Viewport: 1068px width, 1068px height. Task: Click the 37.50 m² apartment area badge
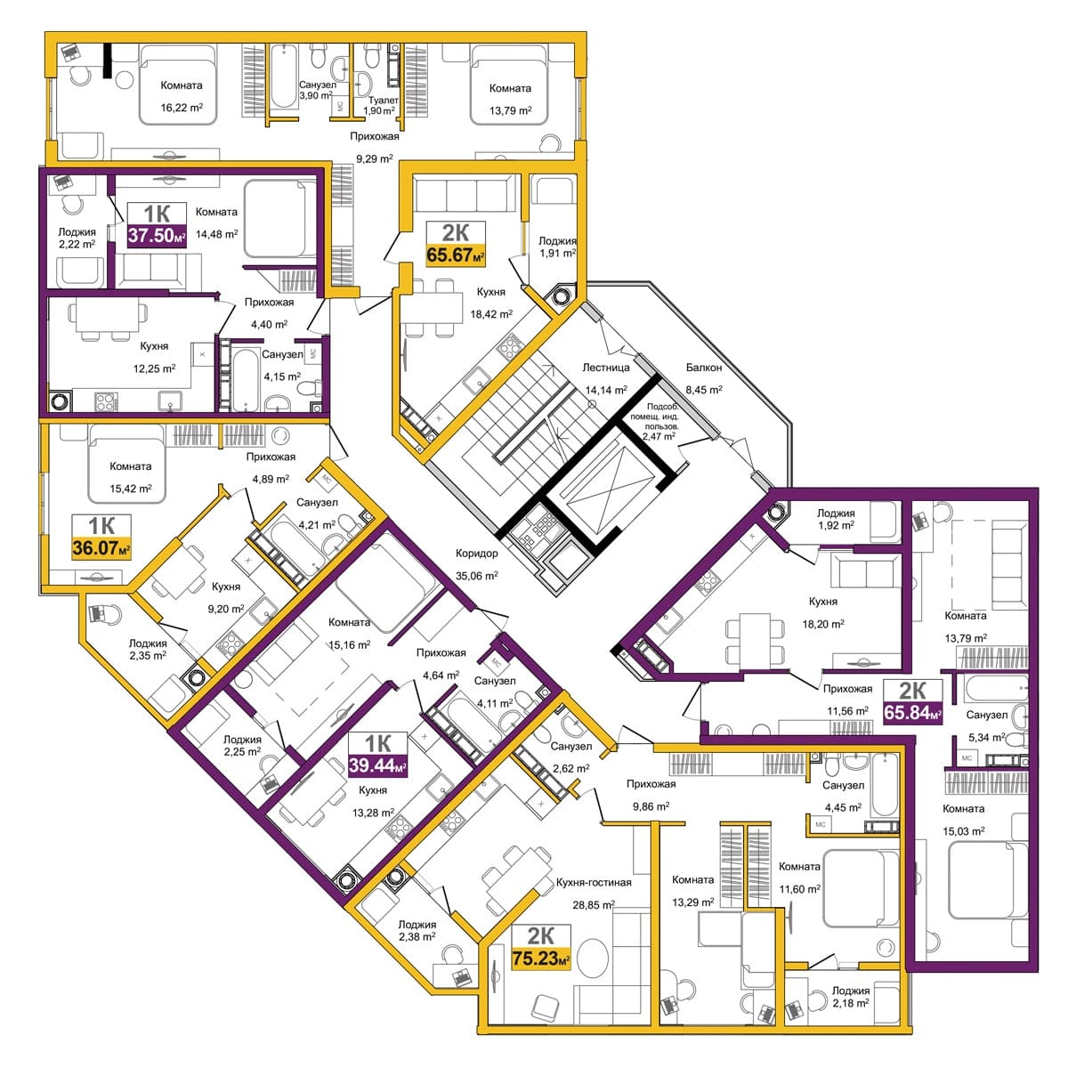(157, 225)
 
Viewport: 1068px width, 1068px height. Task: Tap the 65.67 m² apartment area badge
(456, 245)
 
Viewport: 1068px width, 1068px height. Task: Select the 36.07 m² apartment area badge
(101, 537)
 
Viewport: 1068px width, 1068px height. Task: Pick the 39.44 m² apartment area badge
(378, 755)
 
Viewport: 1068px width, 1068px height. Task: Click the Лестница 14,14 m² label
(606, 378)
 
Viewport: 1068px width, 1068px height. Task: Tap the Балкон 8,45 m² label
(704, 378)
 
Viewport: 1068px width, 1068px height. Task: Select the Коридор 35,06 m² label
(477, 564)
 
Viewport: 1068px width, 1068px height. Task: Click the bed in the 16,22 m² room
(177, 85)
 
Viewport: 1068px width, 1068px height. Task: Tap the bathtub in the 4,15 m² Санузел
(244, 379)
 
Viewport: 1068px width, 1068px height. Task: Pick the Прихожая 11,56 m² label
(847, 700)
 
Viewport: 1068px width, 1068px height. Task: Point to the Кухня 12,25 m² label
(154, 357)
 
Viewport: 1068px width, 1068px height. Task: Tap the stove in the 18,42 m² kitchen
(509, 347)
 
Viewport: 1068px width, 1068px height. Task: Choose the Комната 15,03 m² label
(964, 820)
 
